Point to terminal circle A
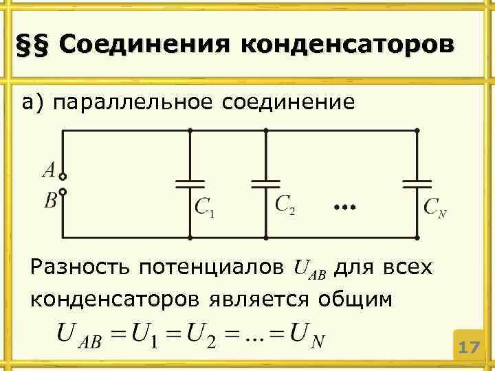(63, 176)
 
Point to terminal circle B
(63, 192)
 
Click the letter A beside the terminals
(49, 169)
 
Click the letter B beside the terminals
(50, 201)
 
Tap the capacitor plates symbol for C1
(190, 184)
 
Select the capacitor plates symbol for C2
(265, 184)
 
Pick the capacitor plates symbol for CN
(417, 184)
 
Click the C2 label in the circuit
(285, 205)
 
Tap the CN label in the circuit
(434, 207)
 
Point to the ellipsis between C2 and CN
(344, 206)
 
